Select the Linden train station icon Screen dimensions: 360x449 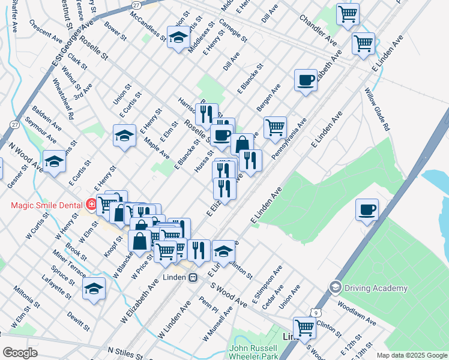[193, 277]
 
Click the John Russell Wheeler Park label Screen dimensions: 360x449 [253, 352]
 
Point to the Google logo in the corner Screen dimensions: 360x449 [20, 353]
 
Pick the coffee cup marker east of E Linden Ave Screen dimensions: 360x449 [367, 209]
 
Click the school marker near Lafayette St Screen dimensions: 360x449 [94, 288]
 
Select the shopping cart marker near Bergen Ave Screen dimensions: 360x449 [275, 127]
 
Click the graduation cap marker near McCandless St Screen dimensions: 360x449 [178, 38]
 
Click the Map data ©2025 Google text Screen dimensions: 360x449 [412, 355]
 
